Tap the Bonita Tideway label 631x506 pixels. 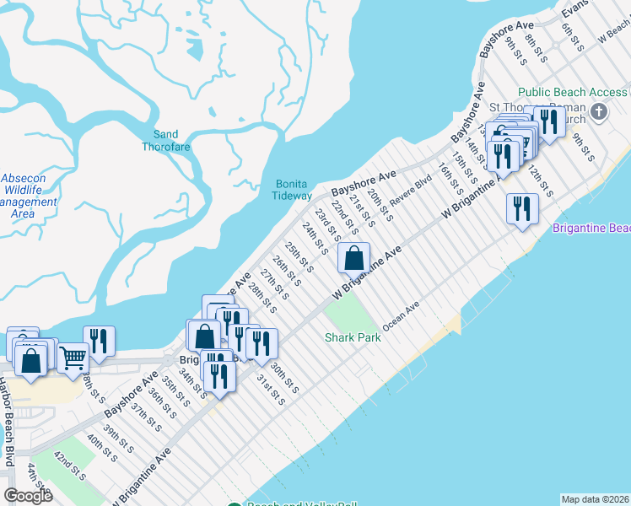click(x=293, y=190)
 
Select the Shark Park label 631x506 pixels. click(x=353, y=337)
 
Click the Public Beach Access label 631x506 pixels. click(x=573, y=92)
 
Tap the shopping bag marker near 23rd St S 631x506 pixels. click(x=354, y=258)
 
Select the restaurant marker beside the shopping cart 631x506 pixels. click(x=99, y=342)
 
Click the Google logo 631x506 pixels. click(x=28, y=496)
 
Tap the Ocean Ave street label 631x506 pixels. click(x=400, y=316)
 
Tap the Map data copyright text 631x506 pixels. click(x=595, y=499)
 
